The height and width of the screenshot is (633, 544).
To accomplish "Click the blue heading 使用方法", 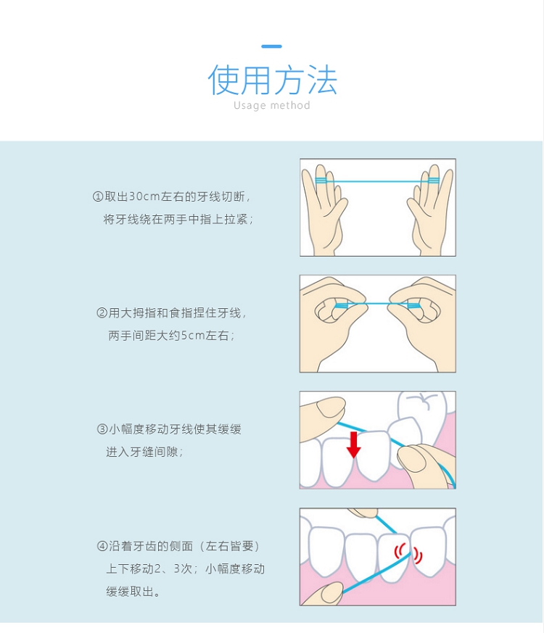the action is click(x=272, y=80).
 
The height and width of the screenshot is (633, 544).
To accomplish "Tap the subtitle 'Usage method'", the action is click(x=272, y=105).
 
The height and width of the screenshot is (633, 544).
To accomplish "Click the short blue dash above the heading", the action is click(x=271, y=46).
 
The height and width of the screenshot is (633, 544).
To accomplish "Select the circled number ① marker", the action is click(x=98, y=196).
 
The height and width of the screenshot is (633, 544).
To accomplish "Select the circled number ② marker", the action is click(x=102, y=313).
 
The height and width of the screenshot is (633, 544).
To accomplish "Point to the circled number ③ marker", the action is click(x=102, y=429).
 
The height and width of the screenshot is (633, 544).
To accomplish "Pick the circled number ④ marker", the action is click(x=102, y=546).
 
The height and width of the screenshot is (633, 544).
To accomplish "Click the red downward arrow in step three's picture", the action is click(x=354, y=444).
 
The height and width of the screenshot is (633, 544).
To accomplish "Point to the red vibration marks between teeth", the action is click(x=408, y=553).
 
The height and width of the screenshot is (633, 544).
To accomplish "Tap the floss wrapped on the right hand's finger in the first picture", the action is click(x=433, y=181).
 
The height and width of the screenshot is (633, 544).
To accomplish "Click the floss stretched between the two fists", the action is click(x=378, y=303).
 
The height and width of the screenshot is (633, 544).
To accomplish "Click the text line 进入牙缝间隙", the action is click(x=144, y=452).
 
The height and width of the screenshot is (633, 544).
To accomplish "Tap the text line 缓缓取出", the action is click(x=133, y=592).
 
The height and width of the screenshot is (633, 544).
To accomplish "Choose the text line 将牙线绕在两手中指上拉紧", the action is click(x=178, y=219).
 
